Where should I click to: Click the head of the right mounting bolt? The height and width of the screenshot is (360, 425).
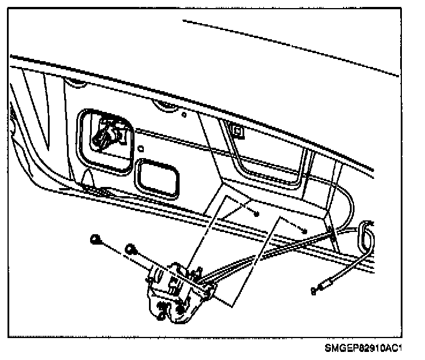click(131, 249)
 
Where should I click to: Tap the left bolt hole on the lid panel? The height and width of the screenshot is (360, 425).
click(256, 213)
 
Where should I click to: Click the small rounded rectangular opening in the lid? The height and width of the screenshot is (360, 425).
click(157, 179)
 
